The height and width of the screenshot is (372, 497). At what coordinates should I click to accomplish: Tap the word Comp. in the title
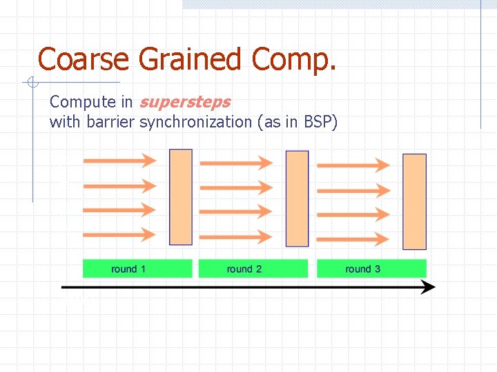(x=293, y=61)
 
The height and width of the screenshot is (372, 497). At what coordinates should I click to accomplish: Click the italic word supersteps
(x=185, y=103)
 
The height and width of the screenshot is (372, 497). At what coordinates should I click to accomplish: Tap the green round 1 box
(x=137, y=269)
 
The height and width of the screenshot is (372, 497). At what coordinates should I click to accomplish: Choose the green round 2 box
(x=253, y=269)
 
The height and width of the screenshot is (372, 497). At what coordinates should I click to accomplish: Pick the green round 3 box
(x=371, y=269)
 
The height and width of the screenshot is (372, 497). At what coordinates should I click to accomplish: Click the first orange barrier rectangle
(x=181, y=197)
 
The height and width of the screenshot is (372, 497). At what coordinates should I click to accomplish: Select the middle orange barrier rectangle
(x=297, y=198)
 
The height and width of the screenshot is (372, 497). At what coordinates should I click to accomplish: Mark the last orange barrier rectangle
(x=414, y=201)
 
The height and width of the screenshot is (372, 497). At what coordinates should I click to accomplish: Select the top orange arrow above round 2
(x=235, y=163)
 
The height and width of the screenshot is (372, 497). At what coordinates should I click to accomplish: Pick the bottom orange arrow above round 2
(x=235, y=236)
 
